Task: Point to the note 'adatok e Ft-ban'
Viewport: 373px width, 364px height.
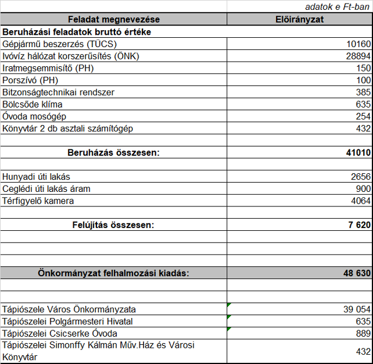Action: click(x=337, y=7)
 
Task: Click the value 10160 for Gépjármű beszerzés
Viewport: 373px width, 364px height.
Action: click(x=357, y=44)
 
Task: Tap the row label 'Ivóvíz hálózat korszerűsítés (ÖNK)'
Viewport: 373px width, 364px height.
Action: click(x=71, y=56)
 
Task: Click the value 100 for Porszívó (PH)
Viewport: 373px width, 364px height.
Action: click(x=363, y=80)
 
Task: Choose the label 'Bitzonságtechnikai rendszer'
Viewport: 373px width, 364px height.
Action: click(x=59, y=92)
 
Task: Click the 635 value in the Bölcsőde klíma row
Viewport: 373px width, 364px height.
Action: click(x=363, y=105)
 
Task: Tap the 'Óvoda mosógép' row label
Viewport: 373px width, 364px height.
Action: click(x=33, y=116)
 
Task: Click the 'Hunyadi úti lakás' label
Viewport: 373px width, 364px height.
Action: click(x=37, y=177)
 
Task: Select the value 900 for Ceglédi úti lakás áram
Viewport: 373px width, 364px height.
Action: click(x=363, y=189)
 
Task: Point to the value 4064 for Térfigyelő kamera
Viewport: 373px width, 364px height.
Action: click(x=360, y=201)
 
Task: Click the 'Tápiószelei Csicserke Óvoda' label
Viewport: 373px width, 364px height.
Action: click(x=60, y=333)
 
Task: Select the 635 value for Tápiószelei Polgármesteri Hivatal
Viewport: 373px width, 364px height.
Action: click(x=363, y=321)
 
